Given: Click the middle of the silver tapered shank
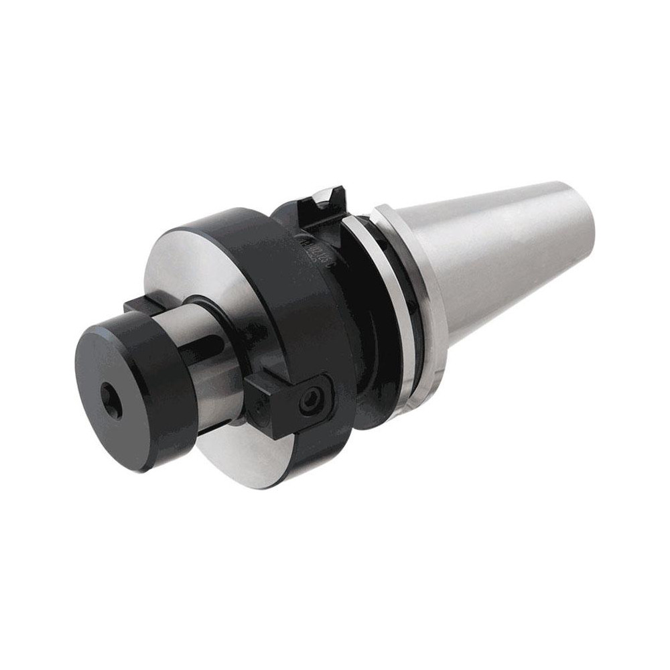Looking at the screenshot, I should (x=509, y=261).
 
